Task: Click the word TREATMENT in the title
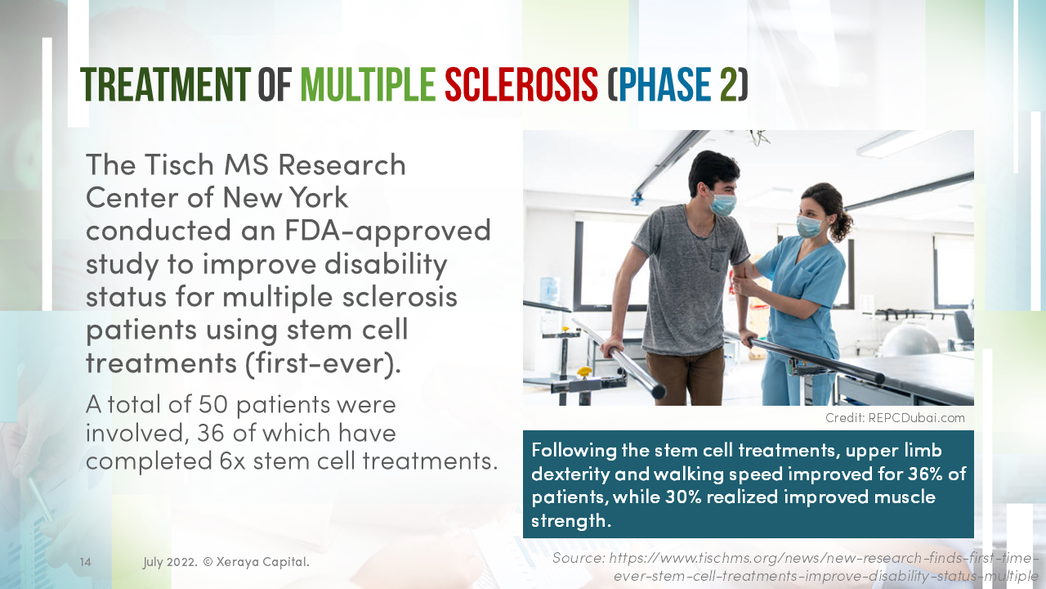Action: [165, 84]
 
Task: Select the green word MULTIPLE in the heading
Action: [368, 84]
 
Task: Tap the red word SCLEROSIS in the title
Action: [521, 84]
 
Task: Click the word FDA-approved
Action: [387, 232]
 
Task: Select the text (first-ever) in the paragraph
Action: [323, 363]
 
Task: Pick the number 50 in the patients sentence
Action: [213, 404]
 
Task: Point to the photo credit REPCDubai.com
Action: [916, 418]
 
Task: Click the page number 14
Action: [86, 562]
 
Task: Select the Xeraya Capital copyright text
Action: [257, 562]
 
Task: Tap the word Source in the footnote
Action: [579, 558]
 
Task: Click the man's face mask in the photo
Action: [723, 205]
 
